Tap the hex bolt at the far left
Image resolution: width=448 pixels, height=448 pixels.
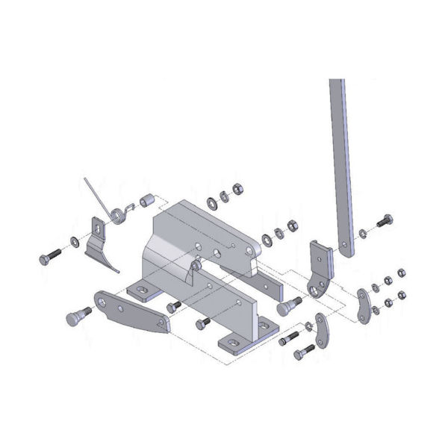53,256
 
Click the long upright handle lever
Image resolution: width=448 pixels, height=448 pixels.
340,164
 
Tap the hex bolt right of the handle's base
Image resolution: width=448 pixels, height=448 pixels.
384,222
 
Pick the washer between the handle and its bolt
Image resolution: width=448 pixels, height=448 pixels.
363,232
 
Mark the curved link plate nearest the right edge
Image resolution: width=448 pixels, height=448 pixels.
365,305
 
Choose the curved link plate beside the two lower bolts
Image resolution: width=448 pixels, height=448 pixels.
323,333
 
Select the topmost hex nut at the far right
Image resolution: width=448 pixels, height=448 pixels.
402,273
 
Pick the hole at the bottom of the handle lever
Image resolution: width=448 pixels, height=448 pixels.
346,247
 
